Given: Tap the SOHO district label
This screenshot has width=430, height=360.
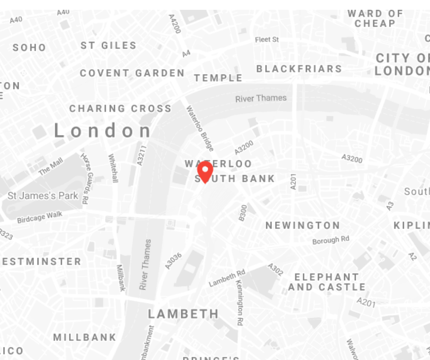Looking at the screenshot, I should (29, 48).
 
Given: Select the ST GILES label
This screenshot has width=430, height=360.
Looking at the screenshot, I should (109, 45).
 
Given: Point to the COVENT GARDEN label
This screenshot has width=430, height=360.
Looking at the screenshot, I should (132, 73).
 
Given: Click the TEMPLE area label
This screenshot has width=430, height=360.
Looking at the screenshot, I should (218, 78).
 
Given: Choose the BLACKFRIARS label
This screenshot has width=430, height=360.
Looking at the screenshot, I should (299, 69).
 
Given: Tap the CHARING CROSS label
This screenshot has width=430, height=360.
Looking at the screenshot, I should (120, 108).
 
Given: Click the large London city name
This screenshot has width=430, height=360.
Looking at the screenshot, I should (103, 131).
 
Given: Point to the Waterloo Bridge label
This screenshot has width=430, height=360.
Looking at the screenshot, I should (200, 128).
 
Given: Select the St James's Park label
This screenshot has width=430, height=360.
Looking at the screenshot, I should (43, 196).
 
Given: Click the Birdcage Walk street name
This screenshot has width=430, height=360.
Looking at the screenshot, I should (40, 217).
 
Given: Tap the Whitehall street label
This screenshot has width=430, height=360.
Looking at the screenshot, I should (114, 168).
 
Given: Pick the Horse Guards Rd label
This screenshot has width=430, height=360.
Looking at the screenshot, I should (85, 178).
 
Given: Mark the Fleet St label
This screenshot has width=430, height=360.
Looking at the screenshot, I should (267, 40).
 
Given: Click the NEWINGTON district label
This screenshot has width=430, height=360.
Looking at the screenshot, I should (303, 225).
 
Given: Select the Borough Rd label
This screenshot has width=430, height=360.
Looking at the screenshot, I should (331, 240).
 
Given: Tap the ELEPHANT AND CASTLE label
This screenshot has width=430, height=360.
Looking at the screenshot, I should (327, 282).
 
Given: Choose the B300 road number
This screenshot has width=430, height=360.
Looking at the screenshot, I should (243, 213).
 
